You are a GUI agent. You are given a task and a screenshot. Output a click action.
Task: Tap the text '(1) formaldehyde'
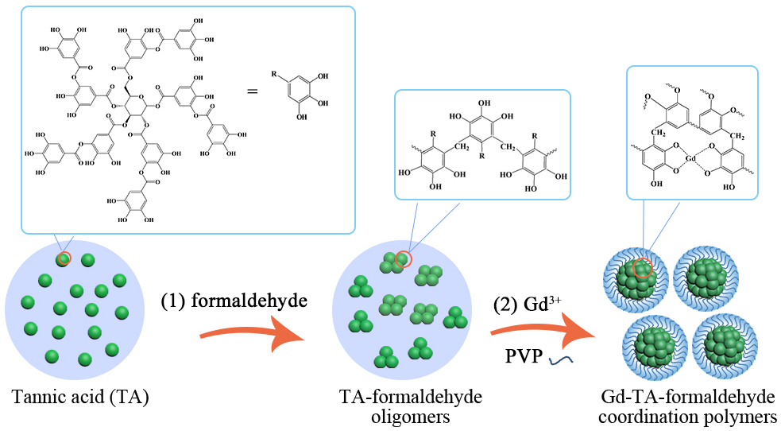234,302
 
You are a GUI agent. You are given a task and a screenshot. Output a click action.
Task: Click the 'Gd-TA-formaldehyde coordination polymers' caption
687,405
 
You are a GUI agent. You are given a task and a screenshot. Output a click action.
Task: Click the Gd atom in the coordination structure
691,158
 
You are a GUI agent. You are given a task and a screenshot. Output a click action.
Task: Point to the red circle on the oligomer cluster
403,259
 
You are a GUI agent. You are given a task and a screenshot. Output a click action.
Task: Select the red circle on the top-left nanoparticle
643,269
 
